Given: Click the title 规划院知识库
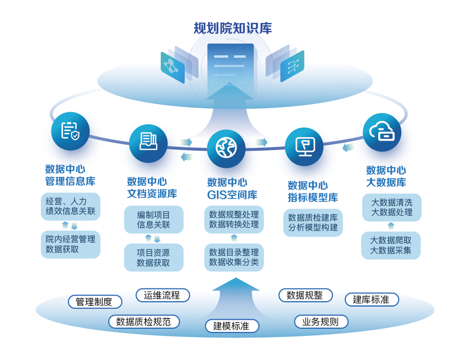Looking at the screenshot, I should click(233, 28).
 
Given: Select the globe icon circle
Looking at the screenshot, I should click(227, 147).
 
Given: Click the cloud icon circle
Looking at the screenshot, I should click(382, 132).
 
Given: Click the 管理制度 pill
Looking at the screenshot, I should click(95, 302).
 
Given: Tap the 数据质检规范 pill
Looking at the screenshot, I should click(144, 322).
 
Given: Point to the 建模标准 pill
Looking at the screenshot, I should click(232, 326).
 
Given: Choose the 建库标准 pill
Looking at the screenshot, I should click(372, 300).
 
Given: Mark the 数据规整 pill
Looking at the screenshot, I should click(305, 295).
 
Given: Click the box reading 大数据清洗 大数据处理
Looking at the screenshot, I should click(392, 207).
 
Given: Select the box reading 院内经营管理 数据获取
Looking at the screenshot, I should click(70, 244).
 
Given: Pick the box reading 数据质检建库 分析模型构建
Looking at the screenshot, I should click(313, 222).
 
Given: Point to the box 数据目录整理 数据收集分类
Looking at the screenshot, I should click(234, 257).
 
